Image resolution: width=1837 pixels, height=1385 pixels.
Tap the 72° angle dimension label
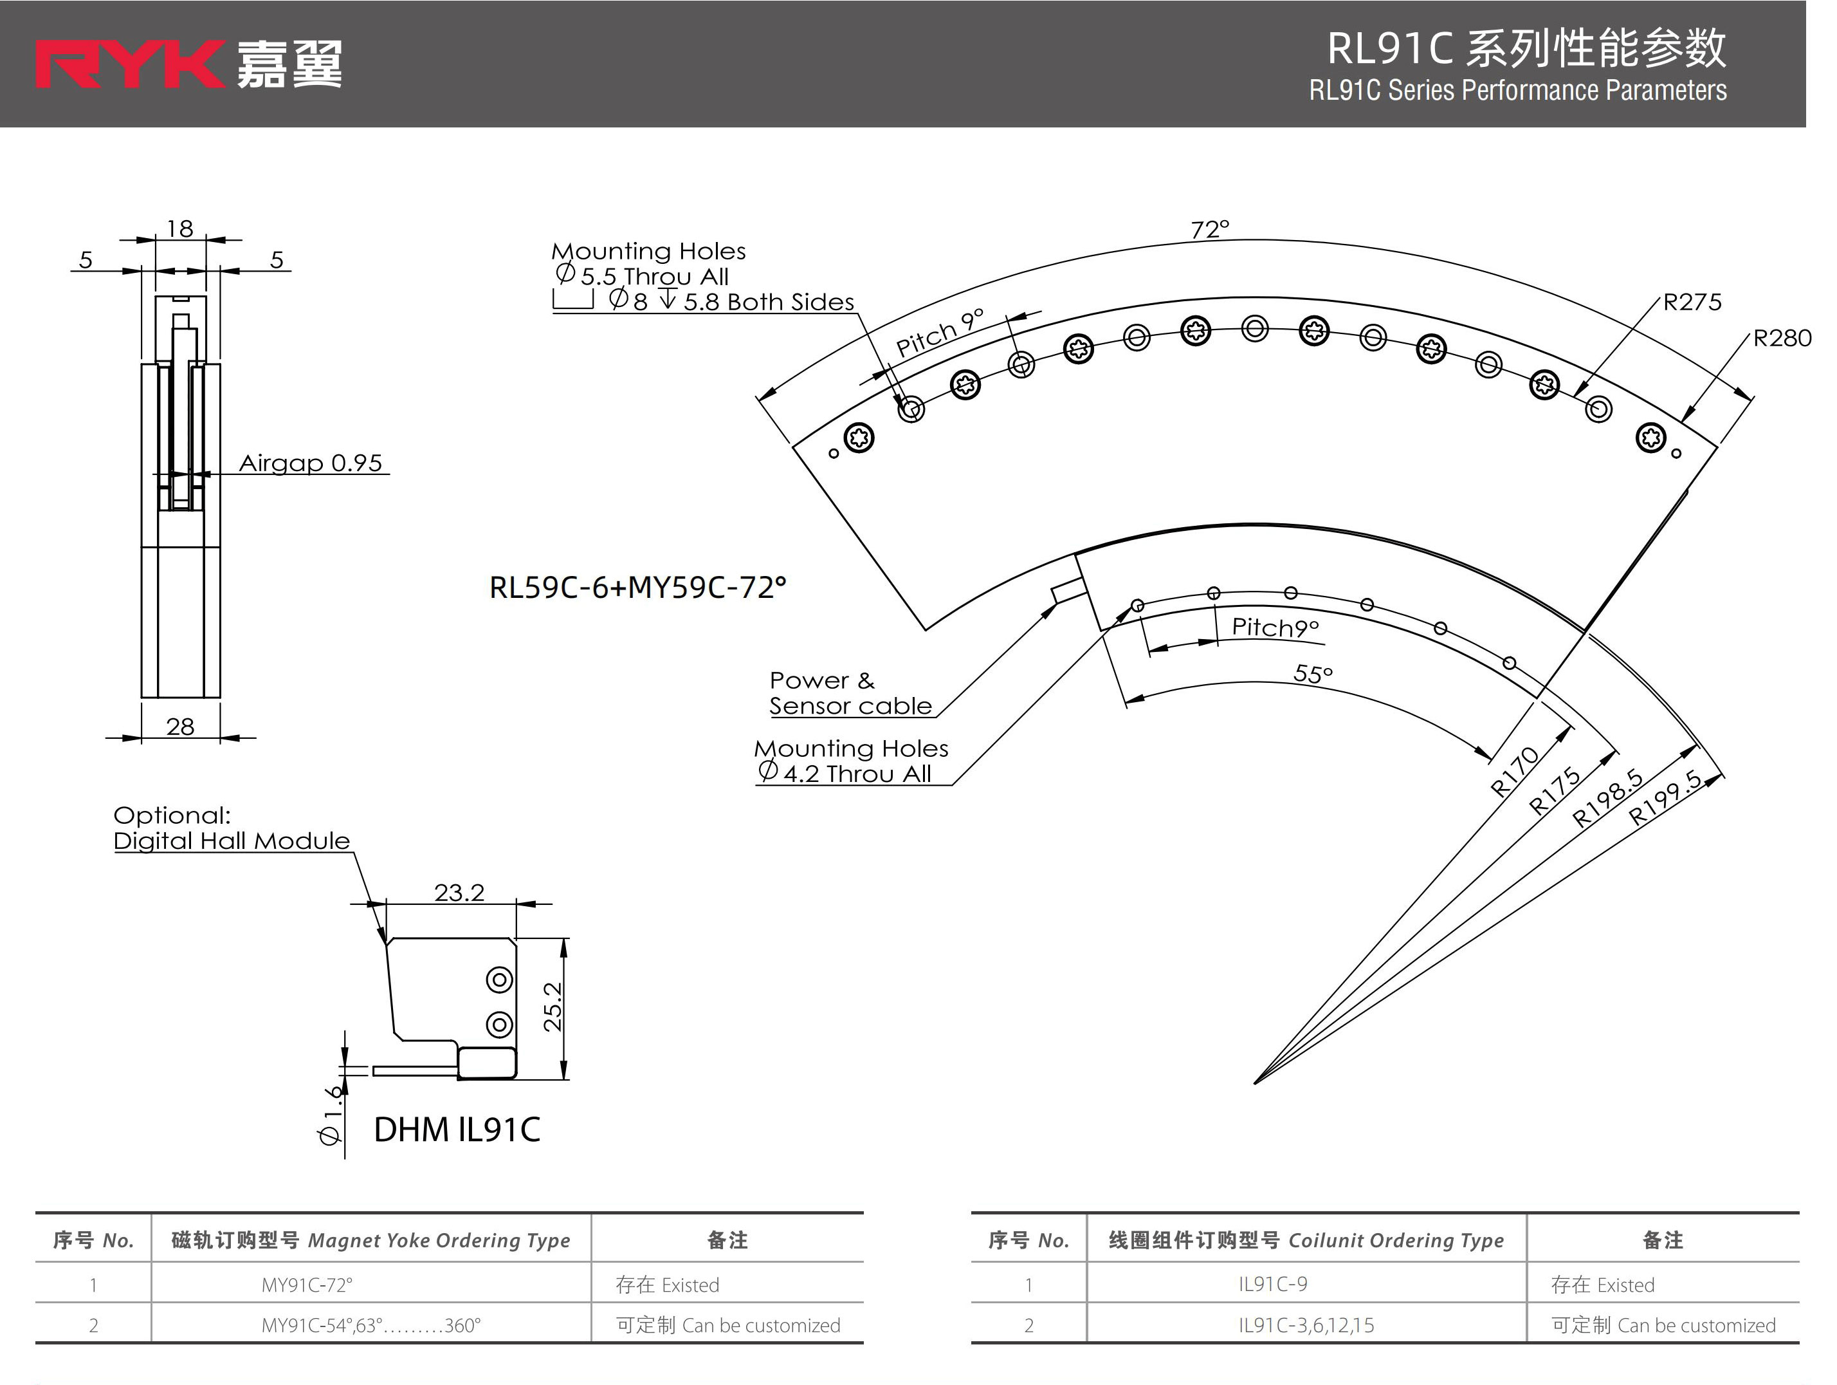(1209, 229)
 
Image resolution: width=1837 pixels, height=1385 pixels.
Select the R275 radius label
(1692, 302)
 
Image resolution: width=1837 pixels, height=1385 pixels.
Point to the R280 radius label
(1781, 338)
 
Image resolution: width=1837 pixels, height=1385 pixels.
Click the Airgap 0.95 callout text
(311, 463)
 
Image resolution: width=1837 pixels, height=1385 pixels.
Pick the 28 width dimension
(180, 727)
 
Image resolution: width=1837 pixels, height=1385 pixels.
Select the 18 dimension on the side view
(180, 228)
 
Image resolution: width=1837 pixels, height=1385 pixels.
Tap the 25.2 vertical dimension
(553, 1007)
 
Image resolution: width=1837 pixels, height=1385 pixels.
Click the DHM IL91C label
(457, 1130)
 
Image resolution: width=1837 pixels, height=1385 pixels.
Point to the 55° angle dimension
(1313, 674)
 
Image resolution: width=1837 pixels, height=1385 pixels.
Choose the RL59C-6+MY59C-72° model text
(637, 588)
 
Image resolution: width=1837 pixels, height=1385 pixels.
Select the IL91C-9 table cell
(1272, 1285)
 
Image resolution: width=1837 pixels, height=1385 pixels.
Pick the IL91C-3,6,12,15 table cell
(1306, 1325)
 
